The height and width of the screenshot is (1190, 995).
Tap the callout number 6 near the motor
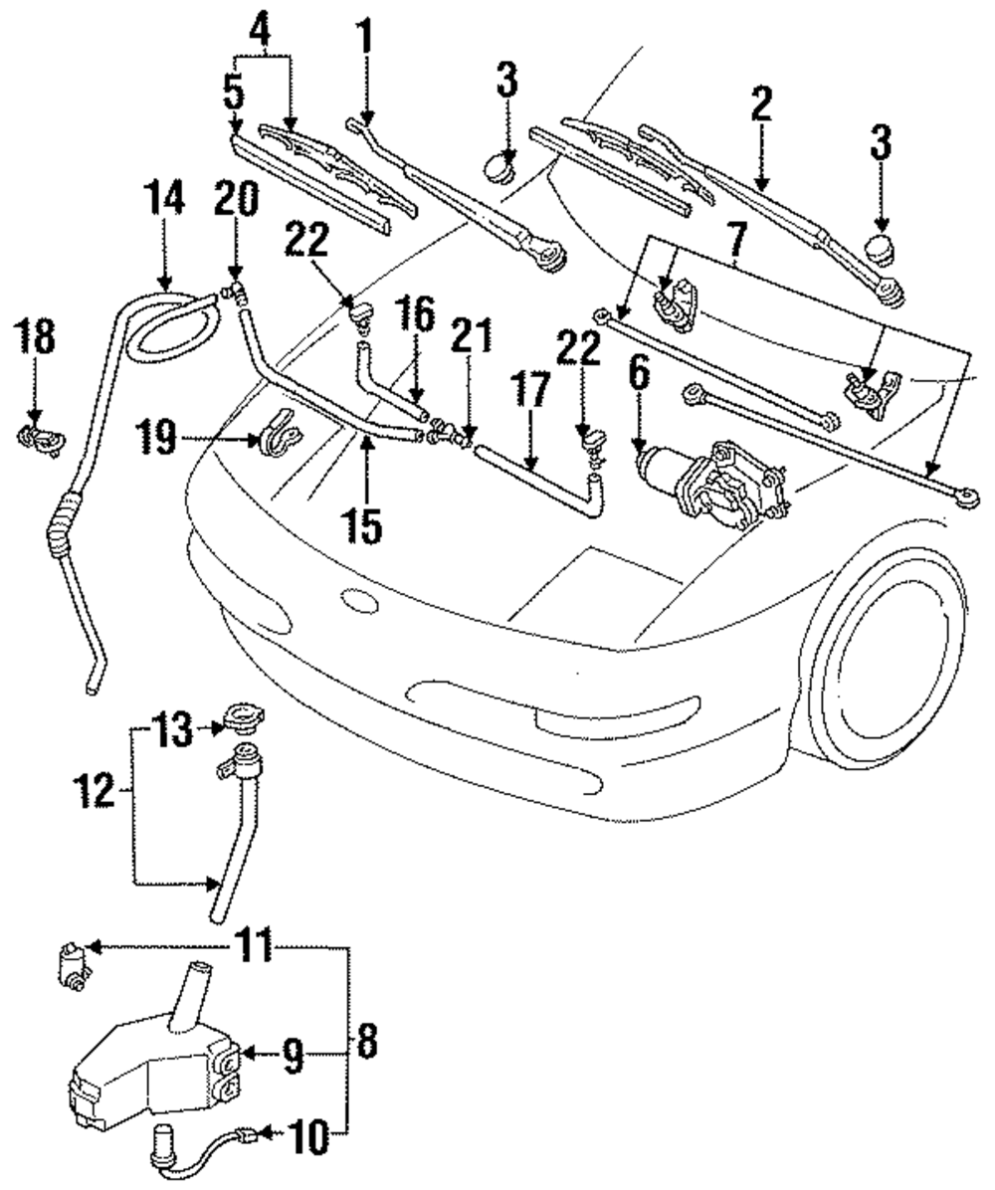coord(637,376)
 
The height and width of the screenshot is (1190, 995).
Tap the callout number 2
coord(761,105)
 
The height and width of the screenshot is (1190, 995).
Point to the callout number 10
coord(308,1137)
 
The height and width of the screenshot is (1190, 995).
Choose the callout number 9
coord(291,1055)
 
